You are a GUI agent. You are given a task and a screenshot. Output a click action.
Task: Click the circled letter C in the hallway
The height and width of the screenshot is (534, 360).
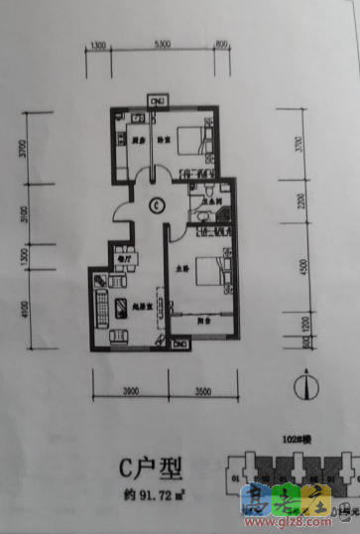(x=157, y=206)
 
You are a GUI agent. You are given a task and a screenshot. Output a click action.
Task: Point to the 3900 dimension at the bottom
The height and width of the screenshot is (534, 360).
(x=129, y=393)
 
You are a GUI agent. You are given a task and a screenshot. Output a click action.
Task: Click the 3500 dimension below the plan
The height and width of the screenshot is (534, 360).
(x=202, y=393)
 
